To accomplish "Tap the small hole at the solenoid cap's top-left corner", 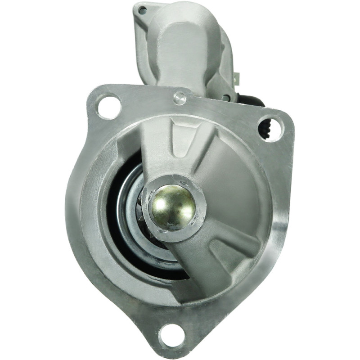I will [142, 9].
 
